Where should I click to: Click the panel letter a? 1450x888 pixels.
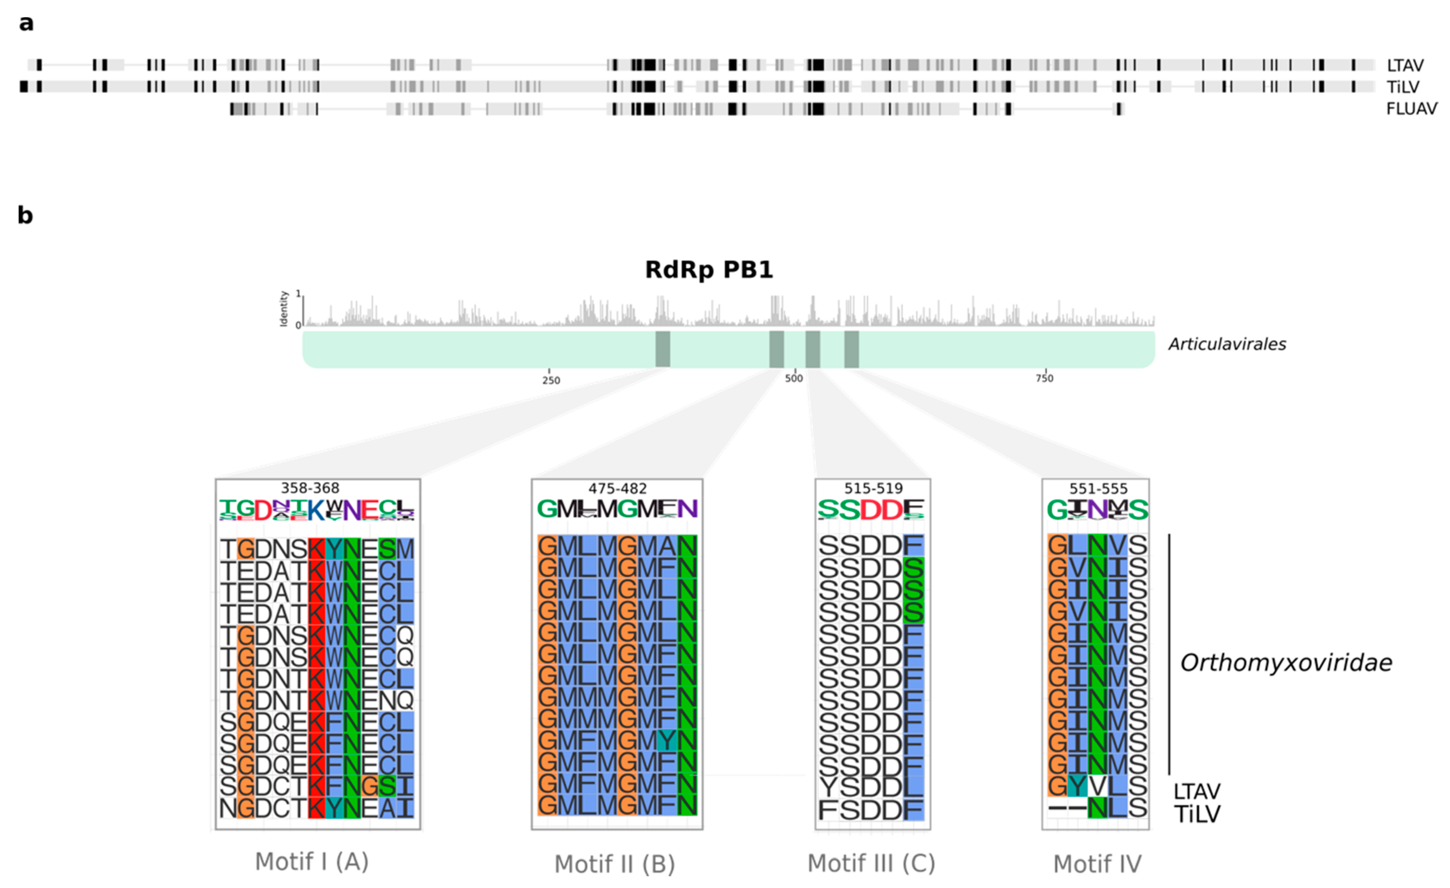[26, 24]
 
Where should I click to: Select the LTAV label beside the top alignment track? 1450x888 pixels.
[1405, 65]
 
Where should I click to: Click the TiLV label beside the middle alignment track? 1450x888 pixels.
[1402, 87]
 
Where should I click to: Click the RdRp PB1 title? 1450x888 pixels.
[709, 270]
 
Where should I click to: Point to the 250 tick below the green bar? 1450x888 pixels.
[551, 380]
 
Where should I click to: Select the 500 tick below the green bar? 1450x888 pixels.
[793, 378]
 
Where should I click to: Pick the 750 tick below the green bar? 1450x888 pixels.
[1044, 378]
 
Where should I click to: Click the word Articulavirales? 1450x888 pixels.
[1227, 344]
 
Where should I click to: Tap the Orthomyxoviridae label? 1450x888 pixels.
[1286, 663]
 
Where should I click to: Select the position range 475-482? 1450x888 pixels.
[617, 489]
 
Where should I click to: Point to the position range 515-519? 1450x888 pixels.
[873, 488]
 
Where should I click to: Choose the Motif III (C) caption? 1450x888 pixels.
[871, 863]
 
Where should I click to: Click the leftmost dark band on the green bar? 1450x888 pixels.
[663, 349]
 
